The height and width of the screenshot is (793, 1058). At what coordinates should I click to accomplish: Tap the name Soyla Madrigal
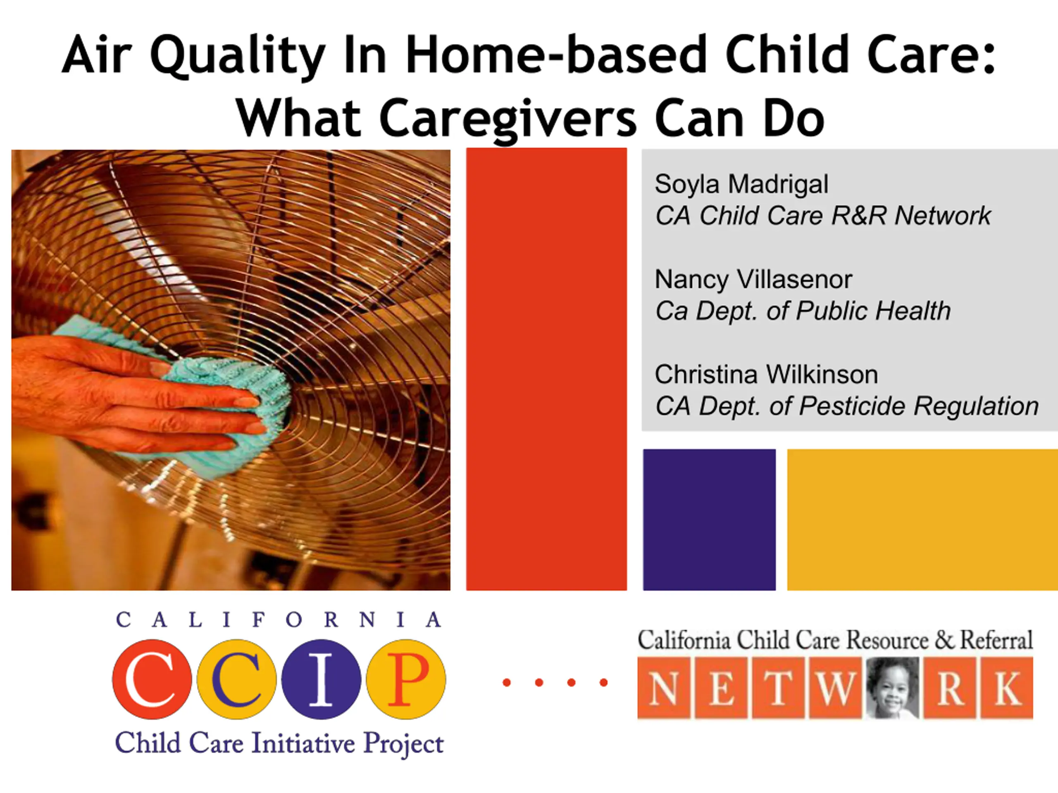[x=741, y=185]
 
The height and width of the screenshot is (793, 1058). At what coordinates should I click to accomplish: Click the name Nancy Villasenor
[x=753, y=279]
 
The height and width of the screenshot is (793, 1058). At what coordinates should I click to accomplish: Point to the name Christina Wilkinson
[x=766, y=374]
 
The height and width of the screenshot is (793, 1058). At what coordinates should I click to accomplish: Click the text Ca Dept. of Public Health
[x=803, y=311]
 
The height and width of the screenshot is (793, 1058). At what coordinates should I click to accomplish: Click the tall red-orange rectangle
[x=546, y=369]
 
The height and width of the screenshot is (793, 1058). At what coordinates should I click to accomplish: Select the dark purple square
[x=709, y=520]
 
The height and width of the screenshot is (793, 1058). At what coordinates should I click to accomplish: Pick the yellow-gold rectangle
[x=922, y=520]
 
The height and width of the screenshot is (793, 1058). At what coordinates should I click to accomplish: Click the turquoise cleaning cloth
[x=210, y=397]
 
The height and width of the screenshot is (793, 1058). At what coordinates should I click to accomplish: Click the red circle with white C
[x=152, y=679]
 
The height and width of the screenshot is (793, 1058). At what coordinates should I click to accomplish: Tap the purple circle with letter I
[x=322, y=679]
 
